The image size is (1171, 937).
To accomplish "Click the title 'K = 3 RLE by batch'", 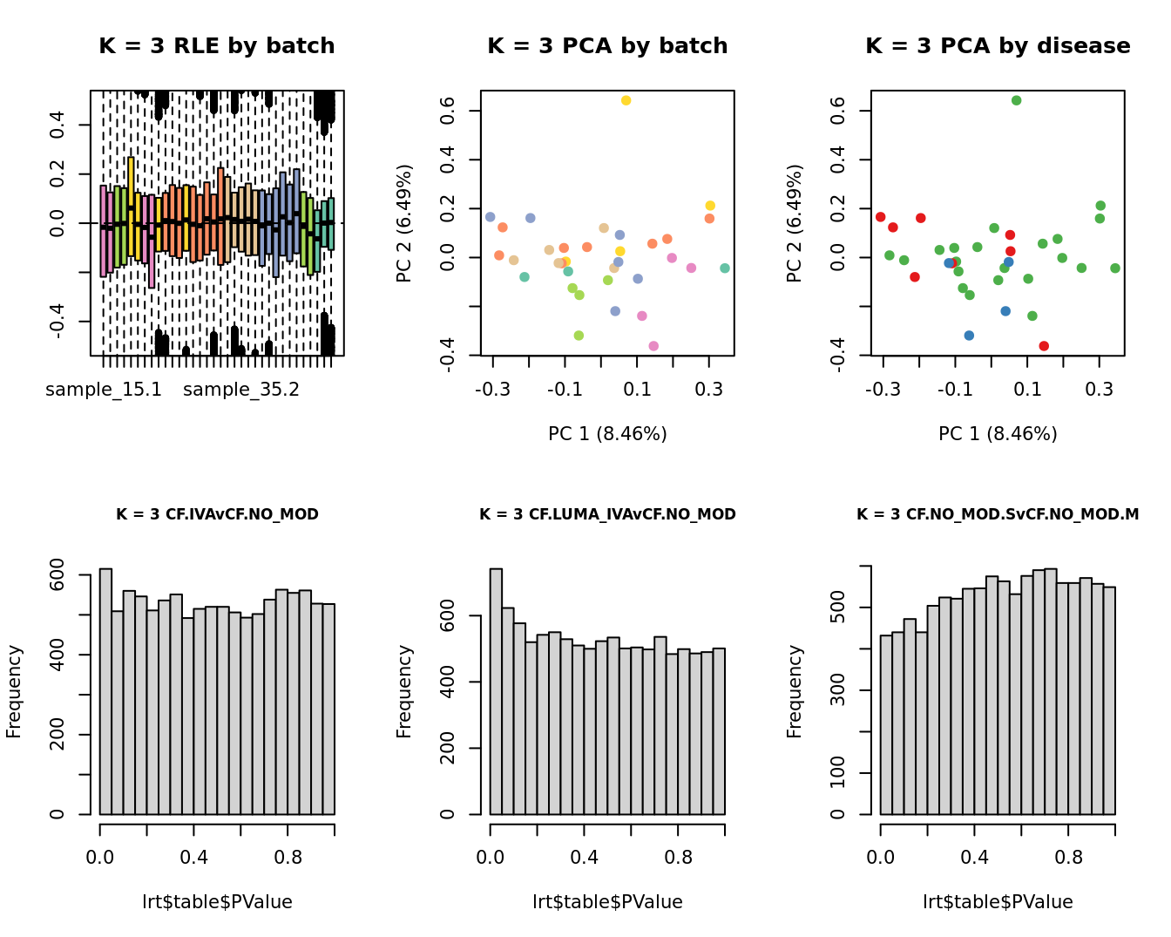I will click(217, 46).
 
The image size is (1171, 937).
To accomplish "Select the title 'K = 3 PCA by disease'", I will click(998, 46).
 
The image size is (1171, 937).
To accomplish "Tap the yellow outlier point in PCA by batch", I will click(626, 101).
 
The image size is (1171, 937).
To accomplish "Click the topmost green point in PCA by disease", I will click(1016, 101).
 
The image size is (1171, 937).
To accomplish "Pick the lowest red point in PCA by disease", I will click(1044, 346).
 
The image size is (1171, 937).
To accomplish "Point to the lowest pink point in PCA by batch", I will click(653, 346).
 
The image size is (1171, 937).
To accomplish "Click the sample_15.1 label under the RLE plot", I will click(104, 390).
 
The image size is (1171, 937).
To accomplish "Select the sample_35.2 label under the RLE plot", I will click(241, 390).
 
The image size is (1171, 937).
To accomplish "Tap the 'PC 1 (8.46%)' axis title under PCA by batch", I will click(607, 434).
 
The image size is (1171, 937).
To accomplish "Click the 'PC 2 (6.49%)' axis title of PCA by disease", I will click(794, 223).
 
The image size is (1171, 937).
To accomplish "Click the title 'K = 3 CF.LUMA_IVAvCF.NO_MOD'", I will click(607, 514).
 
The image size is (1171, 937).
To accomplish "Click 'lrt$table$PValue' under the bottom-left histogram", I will click(217, 902).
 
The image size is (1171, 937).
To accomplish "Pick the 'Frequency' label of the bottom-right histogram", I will click(794, 691).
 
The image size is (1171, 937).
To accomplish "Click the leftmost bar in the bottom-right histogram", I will click(886, 724).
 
